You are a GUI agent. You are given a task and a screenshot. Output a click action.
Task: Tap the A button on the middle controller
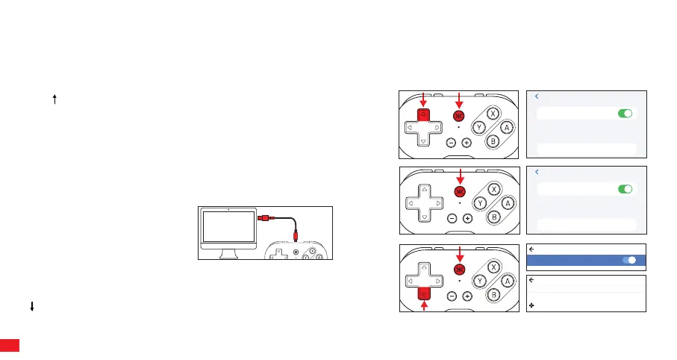pos(507,127)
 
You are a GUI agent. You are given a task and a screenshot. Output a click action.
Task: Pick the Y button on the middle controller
pos(481,203)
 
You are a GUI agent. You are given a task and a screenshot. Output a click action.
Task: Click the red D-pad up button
pos(423,114)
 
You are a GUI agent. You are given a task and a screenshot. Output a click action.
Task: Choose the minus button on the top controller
pos(452,142)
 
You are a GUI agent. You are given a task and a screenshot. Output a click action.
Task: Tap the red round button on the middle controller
pos(459,191)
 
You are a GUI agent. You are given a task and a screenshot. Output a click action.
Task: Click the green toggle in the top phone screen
pos(625,114)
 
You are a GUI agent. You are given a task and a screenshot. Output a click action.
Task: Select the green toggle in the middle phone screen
pos(625,190)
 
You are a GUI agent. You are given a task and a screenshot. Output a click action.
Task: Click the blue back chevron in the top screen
pos(537,96)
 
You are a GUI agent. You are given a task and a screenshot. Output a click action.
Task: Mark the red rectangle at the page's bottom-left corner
pos(9,346)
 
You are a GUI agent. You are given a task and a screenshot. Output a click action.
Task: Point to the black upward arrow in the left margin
pos(55,99)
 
